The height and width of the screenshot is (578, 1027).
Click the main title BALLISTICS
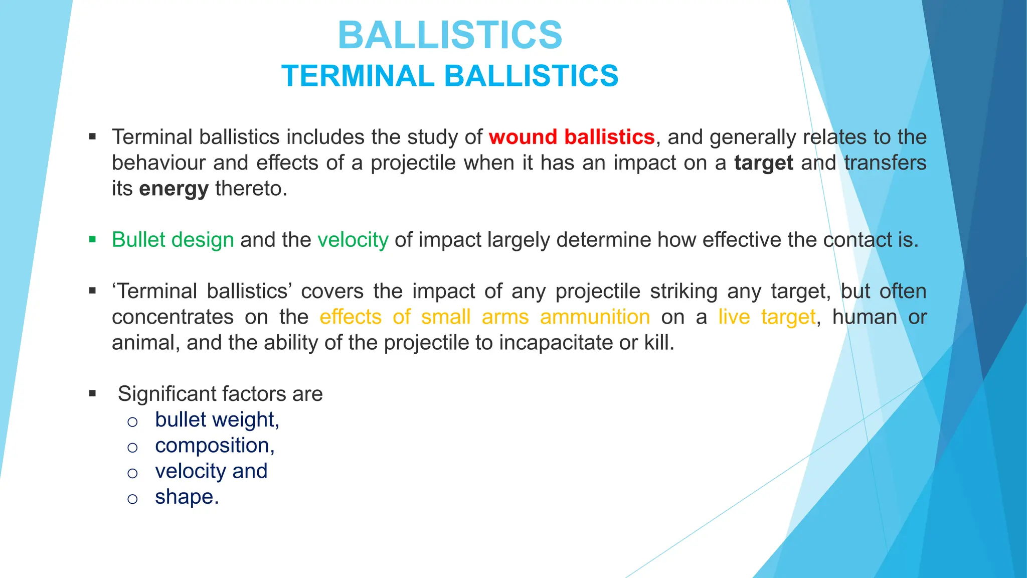[450, 35]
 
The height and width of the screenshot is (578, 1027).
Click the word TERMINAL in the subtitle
[358, 76]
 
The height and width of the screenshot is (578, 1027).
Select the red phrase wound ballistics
[572, 137]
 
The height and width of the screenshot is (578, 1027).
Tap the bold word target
[763, 163]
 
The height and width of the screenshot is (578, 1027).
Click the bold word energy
[174, 189]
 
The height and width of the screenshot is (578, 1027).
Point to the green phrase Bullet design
[173, 240]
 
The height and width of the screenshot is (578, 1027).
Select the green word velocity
[353, 240]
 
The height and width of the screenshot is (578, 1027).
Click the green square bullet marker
[92, 239]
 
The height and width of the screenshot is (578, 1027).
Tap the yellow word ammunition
[595, 317]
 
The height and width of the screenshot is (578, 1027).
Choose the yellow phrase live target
[767, 317]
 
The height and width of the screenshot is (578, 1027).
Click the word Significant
[166, 394]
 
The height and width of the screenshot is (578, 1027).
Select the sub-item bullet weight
[217, 419]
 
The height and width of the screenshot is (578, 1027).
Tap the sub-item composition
[215, 446]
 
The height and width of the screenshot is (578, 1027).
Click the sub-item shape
[187, 497]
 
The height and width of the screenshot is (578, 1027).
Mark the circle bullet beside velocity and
[132, 473]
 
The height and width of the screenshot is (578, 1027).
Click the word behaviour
[158, 163]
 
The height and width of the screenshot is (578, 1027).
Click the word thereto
[251, 189]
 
